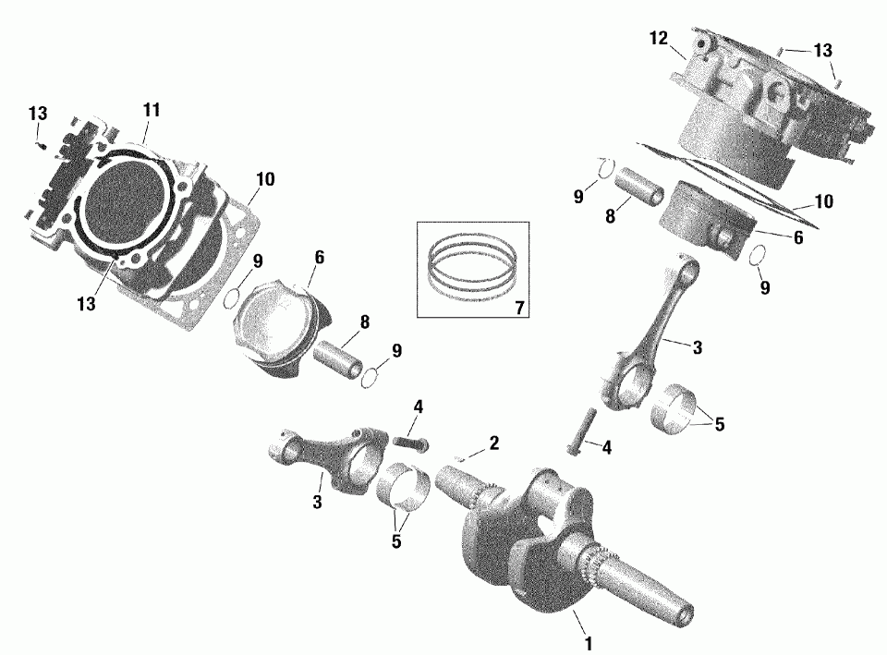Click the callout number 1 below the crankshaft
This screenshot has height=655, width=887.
click(588, 644)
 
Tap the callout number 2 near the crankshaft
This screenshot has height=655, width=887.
click(493, 443)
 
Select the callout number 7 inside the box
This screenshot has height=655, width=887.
click(519, 308)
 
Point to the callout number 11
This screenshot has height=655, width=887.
click(152, 110)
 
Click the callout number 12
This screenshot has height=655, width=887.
click(659, 39)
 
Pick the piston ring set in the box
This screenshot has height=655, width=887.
click(472, 266)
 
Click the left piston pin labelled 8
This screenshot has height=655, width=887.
click(339, 360)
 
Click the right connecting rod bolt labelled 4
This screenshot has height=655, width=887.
click(581, 431)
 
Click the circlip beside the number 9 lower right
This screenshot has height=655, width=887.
click(759, 256)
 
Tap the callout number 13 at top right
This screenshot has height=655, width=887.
click(823, 50)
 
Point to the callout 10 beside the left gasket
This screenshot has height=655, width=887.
click(265, 179)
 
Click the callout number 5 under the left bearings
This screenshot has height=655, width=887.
click(396, 540)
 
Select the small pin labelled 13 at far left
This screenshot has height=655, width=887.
click(40, 145)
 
